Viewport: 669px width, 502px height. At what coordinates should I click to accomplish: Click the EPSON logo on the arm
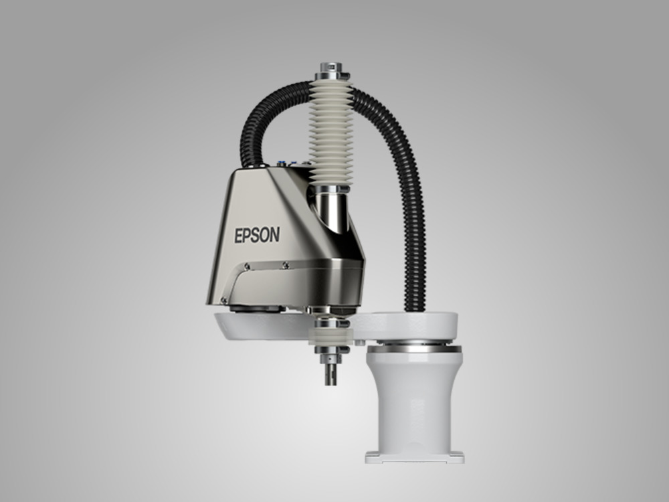coord(257,235)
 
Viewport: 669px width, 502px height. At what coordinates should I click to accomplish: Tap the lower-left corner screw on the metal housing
coord(223,300)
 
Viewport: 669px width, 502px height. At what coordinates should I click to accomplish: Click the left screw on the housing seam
coord(247,266)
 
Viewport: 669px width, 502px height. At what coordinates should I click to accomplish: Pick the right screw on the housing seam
coord(286,265)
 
